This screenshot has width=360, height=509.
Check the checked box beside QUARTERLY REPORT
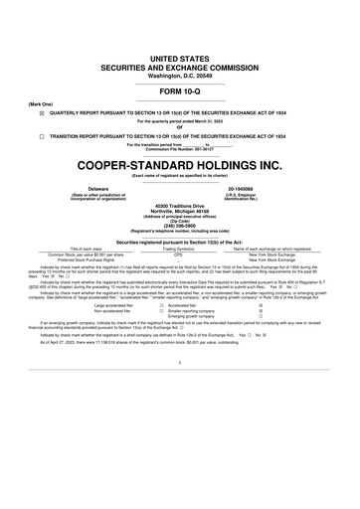click(41, 113)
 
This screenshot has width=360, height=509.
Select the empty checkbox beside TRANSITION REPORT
click(41, 136)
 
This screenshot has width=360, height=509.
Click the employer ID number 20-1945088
click(245, 187)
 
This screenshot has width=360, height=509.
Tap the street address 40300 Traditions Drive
click(179, 205)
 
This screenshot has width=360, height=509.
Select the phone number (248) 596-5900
click(179, 226)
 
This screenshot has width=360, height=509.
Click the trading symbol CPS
click(179, 254)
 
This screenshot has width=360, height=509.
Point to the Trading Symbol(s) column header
click(179, 248)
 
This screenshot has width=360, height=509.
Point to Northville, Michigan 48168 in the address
click(179, 211)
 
